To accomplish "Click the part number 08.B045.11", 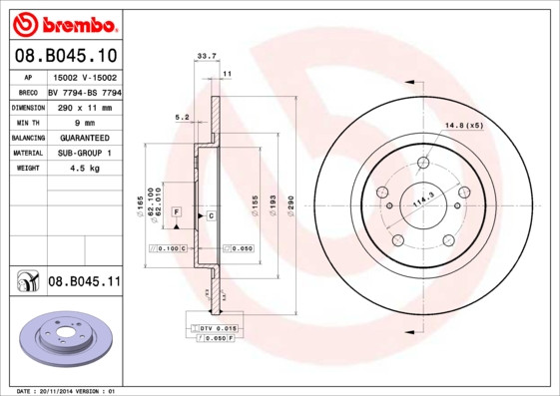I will click(84, 282).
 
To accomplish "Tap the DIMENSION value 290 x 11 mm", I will click(84, 107).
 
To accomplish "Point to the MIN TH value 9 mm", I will click(84, 122).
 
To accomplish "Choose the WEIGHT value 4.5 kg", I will click(84, 169).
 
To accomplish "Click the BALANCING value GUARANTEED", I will click(84, 138).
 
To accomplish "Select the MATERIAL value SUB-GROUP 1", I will click(84, 153).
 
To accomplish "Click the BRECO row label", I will click(27, 91).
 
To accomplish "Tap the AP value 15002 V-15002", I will click(84, 76).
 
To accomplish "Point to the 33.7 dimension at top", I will click(207, 57).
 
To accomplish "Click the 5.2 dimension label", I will click(182, 117).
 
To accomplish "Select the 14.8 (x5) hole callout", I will click(463, 126).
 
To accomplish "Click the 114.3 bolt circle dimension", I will click(422, 199).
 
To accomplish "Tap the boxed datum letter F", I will click(176, 212).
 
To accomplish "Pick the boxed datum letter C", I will click(212, 215).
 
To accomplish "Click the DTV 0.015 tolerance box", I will click(215, 327).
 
